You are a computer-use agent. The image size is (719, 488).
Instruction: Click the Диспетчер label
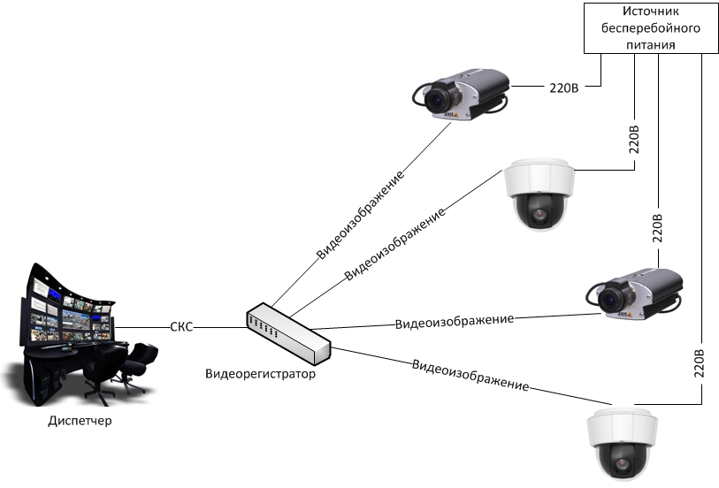[80, 421]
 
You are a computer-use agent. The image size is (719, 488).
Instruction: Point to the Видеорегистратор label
[260, 374]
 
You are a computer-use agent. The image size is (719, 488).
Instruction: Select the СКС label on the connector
[181, 327]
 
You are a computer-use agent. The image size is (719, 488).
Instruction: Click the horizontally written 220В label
[564, 87]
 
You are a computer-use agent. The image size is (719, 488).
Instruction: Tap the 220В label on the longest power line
[700, 364]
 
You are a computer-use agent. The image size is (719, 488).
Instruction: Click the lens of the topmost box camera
[435, 100]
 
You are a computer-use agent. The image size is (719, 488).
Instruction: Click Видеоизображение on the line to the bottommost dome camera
[470, 375]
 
